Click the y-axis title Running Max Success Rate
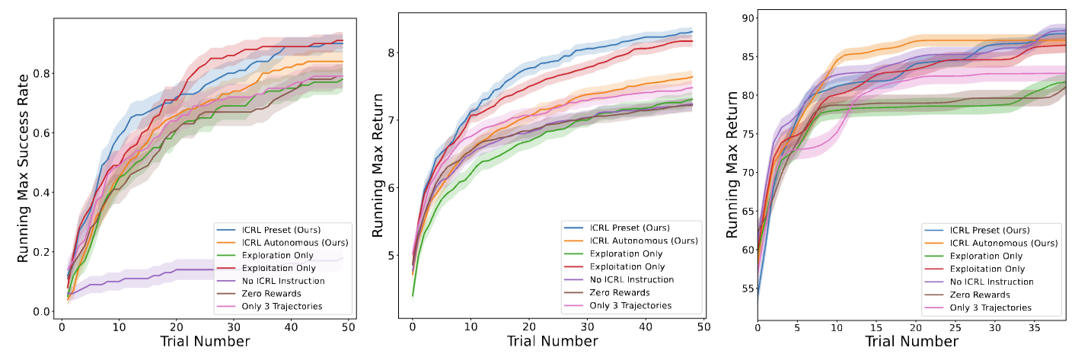(x=24, y=167)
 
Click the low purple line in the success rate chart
(x=190, y=269)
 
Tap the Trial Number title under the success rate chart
(x=205, y=342)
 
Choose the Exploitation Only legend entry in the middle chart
(x=627, y=266)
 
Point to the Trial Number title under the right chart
(x=912, y=342)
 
